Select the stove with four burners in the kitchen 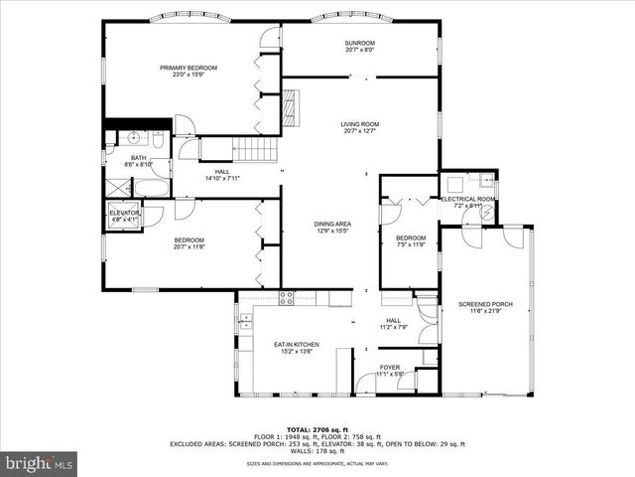pos(287,296)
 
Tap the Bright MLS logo pos(40,463)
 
